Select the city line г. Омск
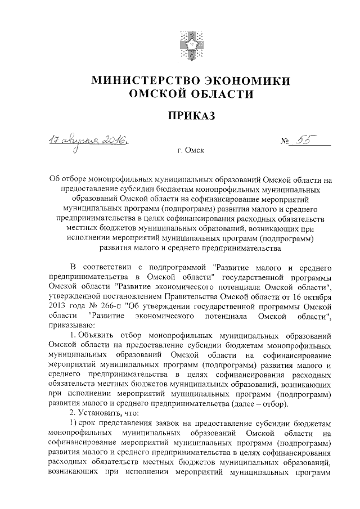click(190, 151)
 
